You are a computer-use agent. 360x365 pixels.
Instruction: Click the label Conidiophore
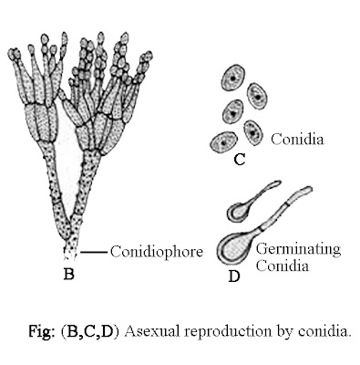[x=149, y=250]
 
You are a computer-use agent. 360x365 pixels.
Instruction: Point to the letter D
[x=233, y=276]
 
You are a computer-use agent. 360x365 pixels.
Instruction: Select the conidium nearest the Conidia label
[x=255, y=133]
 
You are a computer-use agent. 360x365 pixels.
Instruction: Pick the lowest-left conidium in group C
[x=220, y=141]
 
